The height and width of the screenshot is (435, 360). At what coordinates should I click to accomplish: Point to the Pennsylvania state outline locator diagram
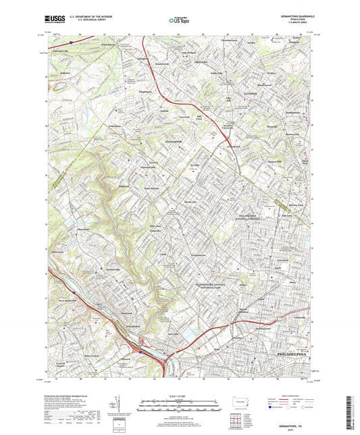[237, 399]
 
